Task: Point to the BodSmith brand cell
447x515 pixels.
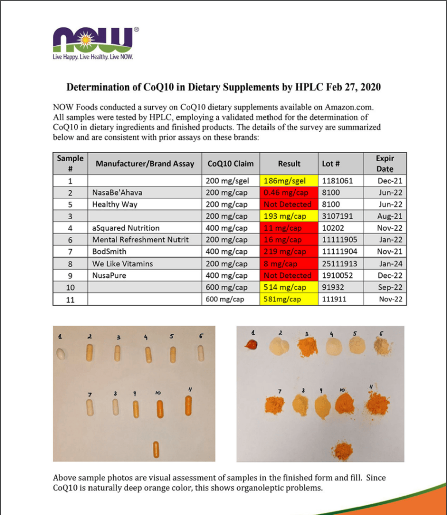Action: (109, 252)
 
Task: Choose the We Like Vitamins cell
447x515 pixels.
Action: (122, 264)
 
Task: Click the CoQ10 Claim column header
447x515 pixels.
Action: (230, 164)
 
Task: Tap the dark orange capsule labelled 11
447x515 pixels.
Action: (188, 405)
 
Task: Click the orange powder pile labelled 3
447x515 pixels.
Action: (307, 347)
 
